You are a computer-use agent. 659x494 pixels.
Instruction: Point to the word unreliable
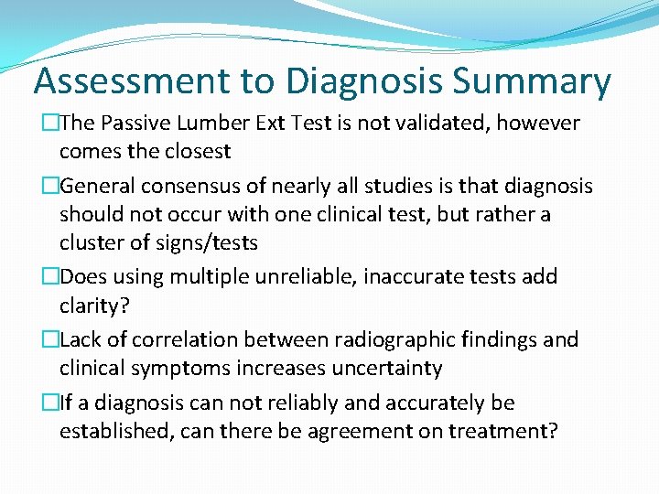click(x=294, y=276)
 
